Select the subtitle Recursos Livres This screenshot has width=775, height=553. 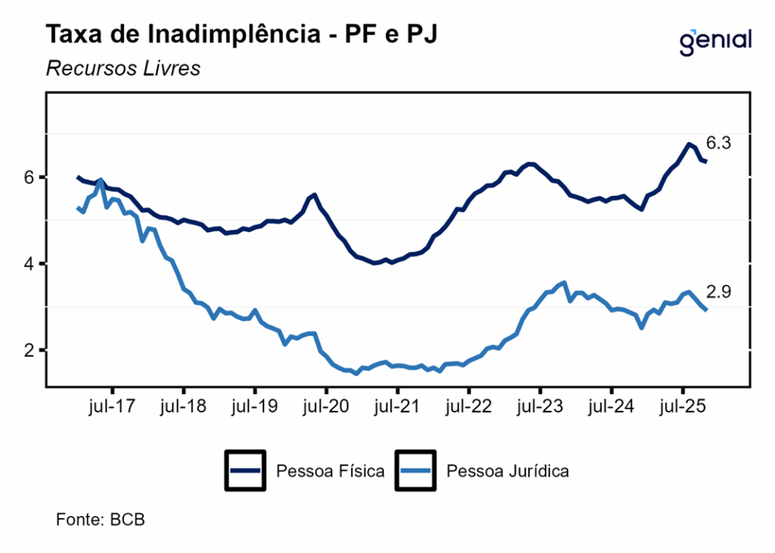coord(123,68)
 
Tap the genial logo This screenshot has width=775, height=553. coord(715,40)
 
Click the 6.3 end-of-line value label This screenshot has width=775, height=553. coord(717,142)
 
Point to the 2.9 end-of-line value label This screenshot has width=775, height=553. coord(717,292)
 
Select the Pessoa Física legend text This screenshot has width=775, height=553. coord(330,471)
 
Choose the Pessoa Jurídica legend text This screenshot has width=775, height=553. coord(508,471)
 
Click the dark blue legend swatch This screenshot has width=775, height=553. coord(245,471)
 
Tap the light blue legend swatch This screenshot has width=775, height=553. coord(416,471)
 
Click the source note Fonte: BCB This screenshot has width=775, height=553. coord(100,520)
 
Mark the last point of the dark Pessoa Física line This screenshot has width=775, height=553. coord(705,161)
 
